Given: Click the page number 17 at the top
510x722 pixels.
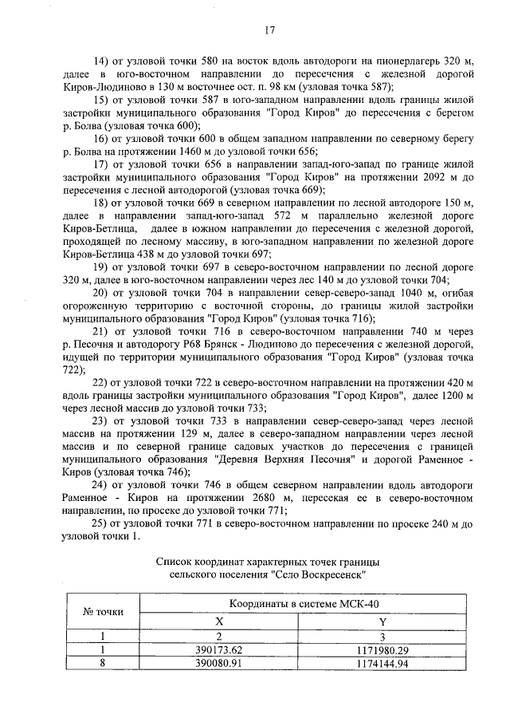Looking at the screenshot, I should tap(269, 31).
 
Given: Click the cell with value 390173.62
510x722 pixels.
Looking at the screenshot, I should tap(223, 650).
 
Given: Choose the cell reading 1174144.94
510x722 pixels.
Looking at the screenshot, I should tap(382, 663).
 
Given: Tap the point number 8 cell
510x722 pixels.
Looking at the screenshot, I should tap(103, 663).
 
